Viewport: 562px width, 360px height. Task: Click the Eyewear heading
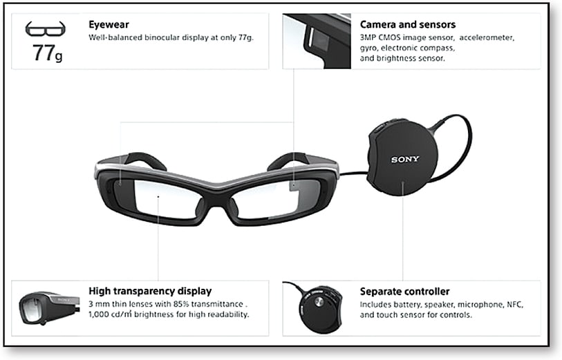click(x=104, y=25)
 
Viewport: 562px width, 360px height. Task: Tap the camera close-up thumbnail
click(x=316, y=39)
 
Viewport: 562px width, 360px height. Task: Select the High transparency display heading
click(x=150, y=292)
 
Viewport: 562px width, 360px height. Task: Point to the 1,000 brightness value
click(x=101, y=315)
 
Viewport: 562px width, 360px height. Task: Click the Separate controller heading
click(x=404, y=292)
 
